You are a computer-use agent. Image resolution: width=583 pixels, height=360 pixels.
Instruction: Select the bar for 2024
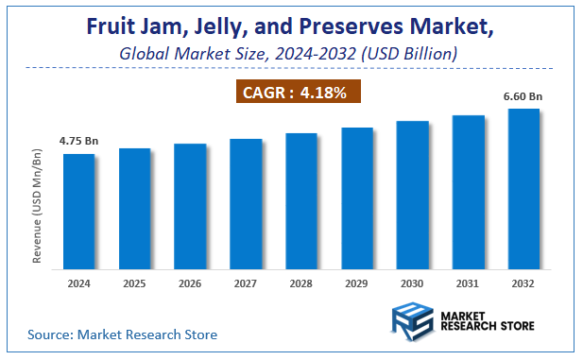coord(79,210)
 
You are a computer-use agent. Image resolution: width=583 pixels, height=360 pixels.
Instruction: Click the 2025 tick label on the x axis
coord(135,282)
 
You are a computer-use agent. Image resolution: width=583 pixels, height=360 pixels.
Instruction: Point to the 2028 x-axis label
coord(301,282)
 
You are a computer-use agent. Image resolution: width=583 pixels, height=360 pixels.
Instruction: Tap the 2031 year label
coord(469,282)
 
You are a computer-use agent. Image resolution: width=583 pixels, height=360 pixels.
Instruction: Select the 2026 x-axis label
coord(190,282)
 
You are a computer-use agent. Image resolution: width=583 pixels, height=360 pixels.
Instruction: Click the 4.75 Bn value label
coord(78,141)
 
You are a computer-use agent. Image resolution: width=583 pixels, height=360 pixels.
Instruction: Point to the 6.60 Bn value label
coord(523,95)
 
